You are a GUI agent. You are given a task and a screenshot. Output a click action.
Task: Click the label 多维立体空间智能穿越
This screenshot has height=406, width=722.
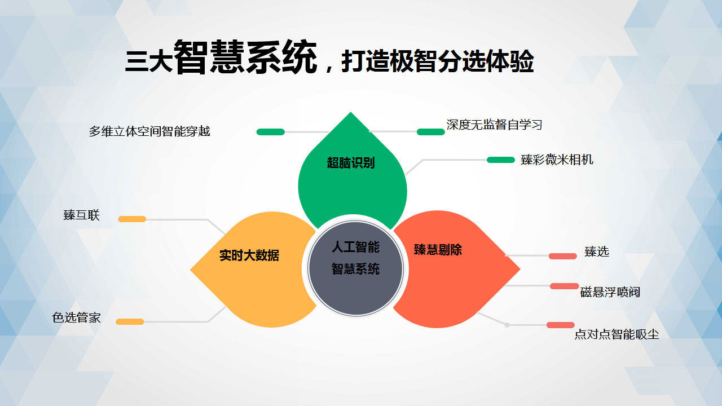pyautogui.click(x=149, y=131)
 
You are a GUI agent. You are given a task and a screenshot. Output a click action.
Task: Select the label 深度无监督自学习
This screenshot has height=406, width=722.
pyautogui.click(x=494, y=125)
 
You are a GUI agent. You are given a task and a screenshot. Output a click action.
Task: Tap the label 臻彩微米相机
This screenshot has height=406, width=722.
pyautogui.click(x=557, y=160)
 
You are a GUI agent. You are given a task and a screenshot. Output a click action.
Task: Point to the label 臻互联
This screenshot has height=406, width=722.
pyautogui.click(x=82, y=215)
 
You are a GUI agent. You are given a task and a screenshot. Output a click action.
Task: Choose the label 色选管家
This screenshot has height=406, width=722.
pyautogui.click(x=76, y=317)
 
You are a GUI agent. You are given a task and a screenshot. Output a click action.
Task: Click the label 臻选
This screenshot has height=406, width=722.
pyautogui.click(x=597, y=251)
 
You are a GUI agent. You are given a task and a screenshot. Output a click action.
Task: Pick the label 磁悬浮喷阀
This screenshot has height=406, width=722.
pyautogui.click(x=610, y=292)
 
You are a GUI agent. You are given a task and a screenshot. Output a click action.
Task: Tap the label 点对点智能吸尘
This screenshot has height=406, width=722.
pyautogui.click(x=617, y=334)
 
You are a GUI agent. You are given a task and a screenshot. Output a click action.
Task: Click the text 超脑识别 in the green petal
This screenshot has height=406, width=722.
pyautogui.click(x=351, y=163)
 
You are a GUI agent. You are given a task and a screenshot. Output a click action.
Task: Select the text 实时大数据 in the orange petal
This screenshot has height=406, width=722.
pyautogui.click(x=249, y=255)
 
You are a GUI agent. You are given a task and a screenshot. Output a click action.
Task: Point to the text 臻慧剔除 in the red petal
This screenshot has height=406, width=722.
pyautogui.click(x=438, y=250)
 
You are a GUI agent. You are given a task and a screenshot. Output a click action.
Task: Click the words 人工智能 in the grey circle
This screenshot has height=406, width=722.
pyautogui.click(x=355, y=247)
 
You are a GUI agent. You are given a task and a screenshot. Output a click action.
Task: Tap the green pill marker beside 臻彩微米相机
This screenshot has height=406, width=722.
pyautogui.click(x=500, y=160)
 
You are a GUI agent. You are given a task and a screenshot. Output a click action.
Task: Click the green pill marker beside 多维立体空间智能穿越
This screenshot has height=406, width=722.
pyautogui.click(x=270, y=132)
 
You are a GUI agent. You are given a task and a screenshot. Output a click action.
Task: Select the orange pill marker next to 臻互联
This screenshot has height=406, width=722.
pyautogui.click(x=132, y=219)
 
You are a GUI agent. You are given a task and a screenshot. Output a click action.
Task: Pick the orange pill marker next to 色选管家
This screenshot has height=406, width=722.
pyautogui.click(x=130, y=321)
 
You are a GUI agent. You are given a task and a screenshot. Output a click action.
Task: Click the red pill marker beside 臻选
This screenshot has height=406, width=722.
pyautogui.click(x=563, y=256)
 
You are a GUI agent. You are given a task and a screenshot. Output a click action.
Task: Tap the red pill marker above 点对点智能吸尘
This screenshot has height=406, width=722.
pyautogui.click(x=561, y=325)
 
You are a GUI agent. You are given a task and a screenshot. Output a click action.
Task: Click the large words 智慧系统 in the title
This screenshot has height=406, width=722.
pyautogui.click(x=245, y=58)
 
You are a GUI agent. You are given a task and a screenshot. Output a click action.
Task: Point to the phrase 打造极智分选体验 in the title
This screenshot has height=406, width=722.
pyautogui.click(x=437, y=61)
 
